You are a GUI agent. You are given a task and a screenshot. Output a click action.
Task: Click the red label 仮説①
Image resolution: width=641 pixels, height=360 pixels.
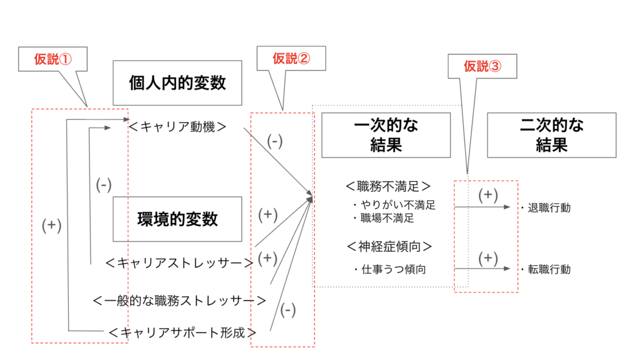53,59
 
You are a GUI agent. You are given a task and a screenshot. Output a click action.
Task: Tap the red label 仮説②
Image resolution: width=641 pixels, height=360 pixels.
291,59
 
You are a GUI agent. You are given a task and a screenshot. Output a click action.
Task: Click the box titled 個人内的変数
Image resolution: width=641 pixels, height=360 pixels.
177,83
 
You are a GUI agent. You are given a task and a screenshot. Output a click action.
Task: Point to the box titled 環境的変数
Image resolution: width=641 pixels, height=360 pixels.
177,219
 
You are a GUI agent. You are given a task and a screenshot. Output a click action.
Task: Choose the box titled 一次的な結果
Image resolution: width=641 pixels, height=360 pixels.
386,135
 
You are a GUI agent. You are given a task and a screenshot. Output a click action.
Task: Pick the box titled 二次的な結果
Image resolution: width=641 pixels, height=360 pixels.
551,135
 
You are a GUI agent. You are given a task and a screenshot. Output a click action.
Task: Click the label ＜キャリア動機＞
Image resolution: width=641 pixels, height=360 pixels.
177,126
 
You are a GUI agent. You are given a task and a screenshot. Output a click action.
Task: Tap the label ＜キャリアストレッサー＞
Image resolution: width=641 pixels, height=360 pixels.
180,263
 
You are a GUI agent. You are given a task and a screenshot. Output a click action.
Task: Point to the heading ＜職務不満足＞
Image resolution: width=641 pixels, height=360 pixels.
388,186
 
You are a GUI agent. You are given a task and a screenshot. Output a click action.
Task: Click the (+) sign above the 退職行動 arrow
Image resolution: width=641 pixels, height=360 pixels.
488,195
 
